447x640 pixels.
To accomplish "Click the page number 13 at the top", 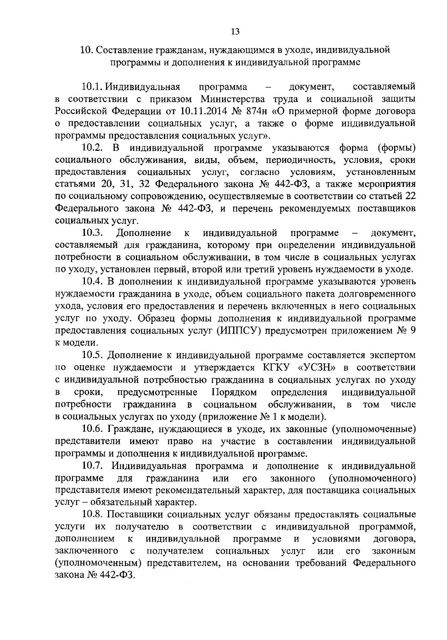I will [x=235, y=32].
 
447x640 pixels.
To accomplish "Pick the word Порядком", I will [x=234, y=392].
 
